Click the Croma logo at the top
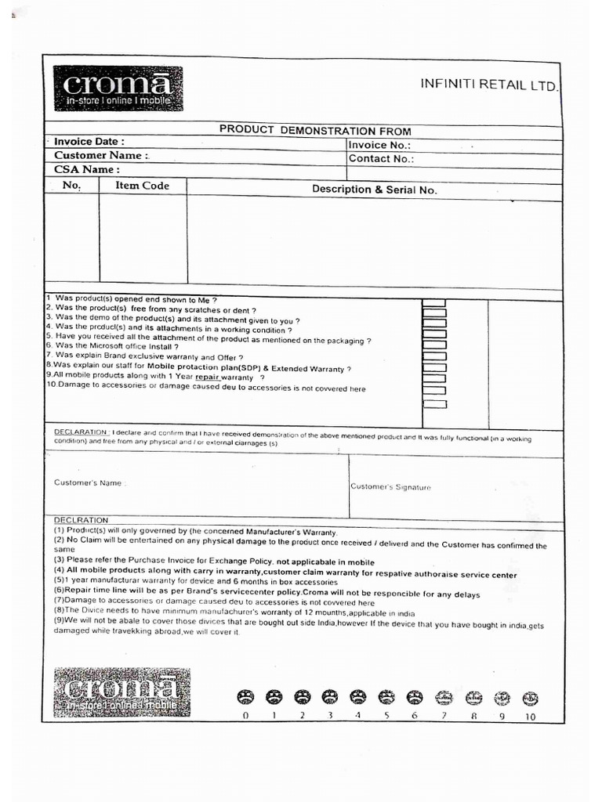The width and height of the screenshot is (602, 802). [x=118, y=89]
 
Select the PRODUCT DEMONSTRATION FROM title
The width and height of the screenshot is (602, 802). [x=315, y=131]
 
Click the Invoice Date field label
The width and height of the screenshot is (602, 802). [x=89, y=142]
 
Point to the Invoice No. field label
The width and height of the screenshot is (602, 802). [x=379, y=145]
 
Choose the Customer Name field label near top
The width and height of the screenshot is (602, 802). [x=100, y=155]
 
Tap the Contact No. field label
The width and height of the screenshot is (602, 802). [x=381, y=158]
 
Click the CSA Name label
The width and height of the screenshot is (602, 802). [x=86, y=169]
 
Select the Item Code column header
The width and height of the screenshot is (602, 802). [x=142, y=186]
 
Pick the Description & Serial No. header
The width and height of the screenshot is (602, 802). [x=375, y=190]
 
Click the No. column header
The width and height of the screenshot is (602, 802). [x=72, y=186]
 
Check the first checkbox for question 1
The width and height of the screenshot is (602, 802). [x=434, y=303]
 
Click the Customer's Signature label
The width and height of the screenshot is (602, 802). [x=390, y=487]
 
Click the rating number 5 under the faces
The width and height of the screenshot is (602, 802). [x=386, y=715]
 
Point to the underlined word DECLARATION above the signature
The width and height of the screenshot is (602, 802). [x=81, y=432]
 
